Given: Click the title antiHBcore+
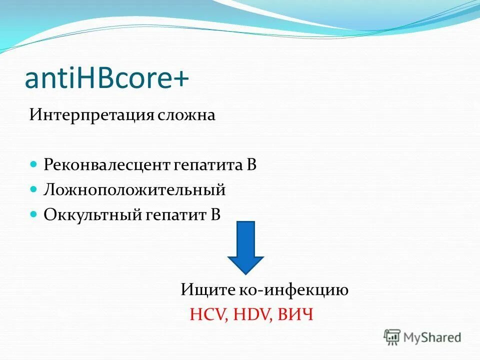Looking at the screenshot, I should pyautogui.click(x=106, y=79).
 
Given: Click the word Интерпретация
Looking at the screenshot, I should pyautogui.click(x=92, y=115).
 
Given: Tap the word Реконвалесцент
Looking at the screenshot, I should pyautogui.click(x=107, y=165).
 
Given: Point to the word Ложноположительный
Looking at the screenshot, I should pyautogui.click(x=134, y=190).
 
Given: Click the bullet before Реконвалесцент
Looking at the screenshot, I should pyautogui.click(x=33, y=164).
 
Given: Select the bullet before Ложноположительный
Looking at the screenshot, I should pyautogui.click(x=33, y=189).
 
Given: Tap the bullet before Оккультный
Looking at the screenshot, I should pyautogui.click(x=33, y=213).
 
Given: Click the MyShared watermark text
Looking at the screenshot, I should pyautogui.click(x=432, y=337).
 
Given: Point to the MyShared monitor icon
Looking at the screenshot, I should pyautogui.click(x=392, y=336).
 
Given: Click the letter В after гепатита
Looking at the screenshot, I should pyautogui.click(x=251, y=165).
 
